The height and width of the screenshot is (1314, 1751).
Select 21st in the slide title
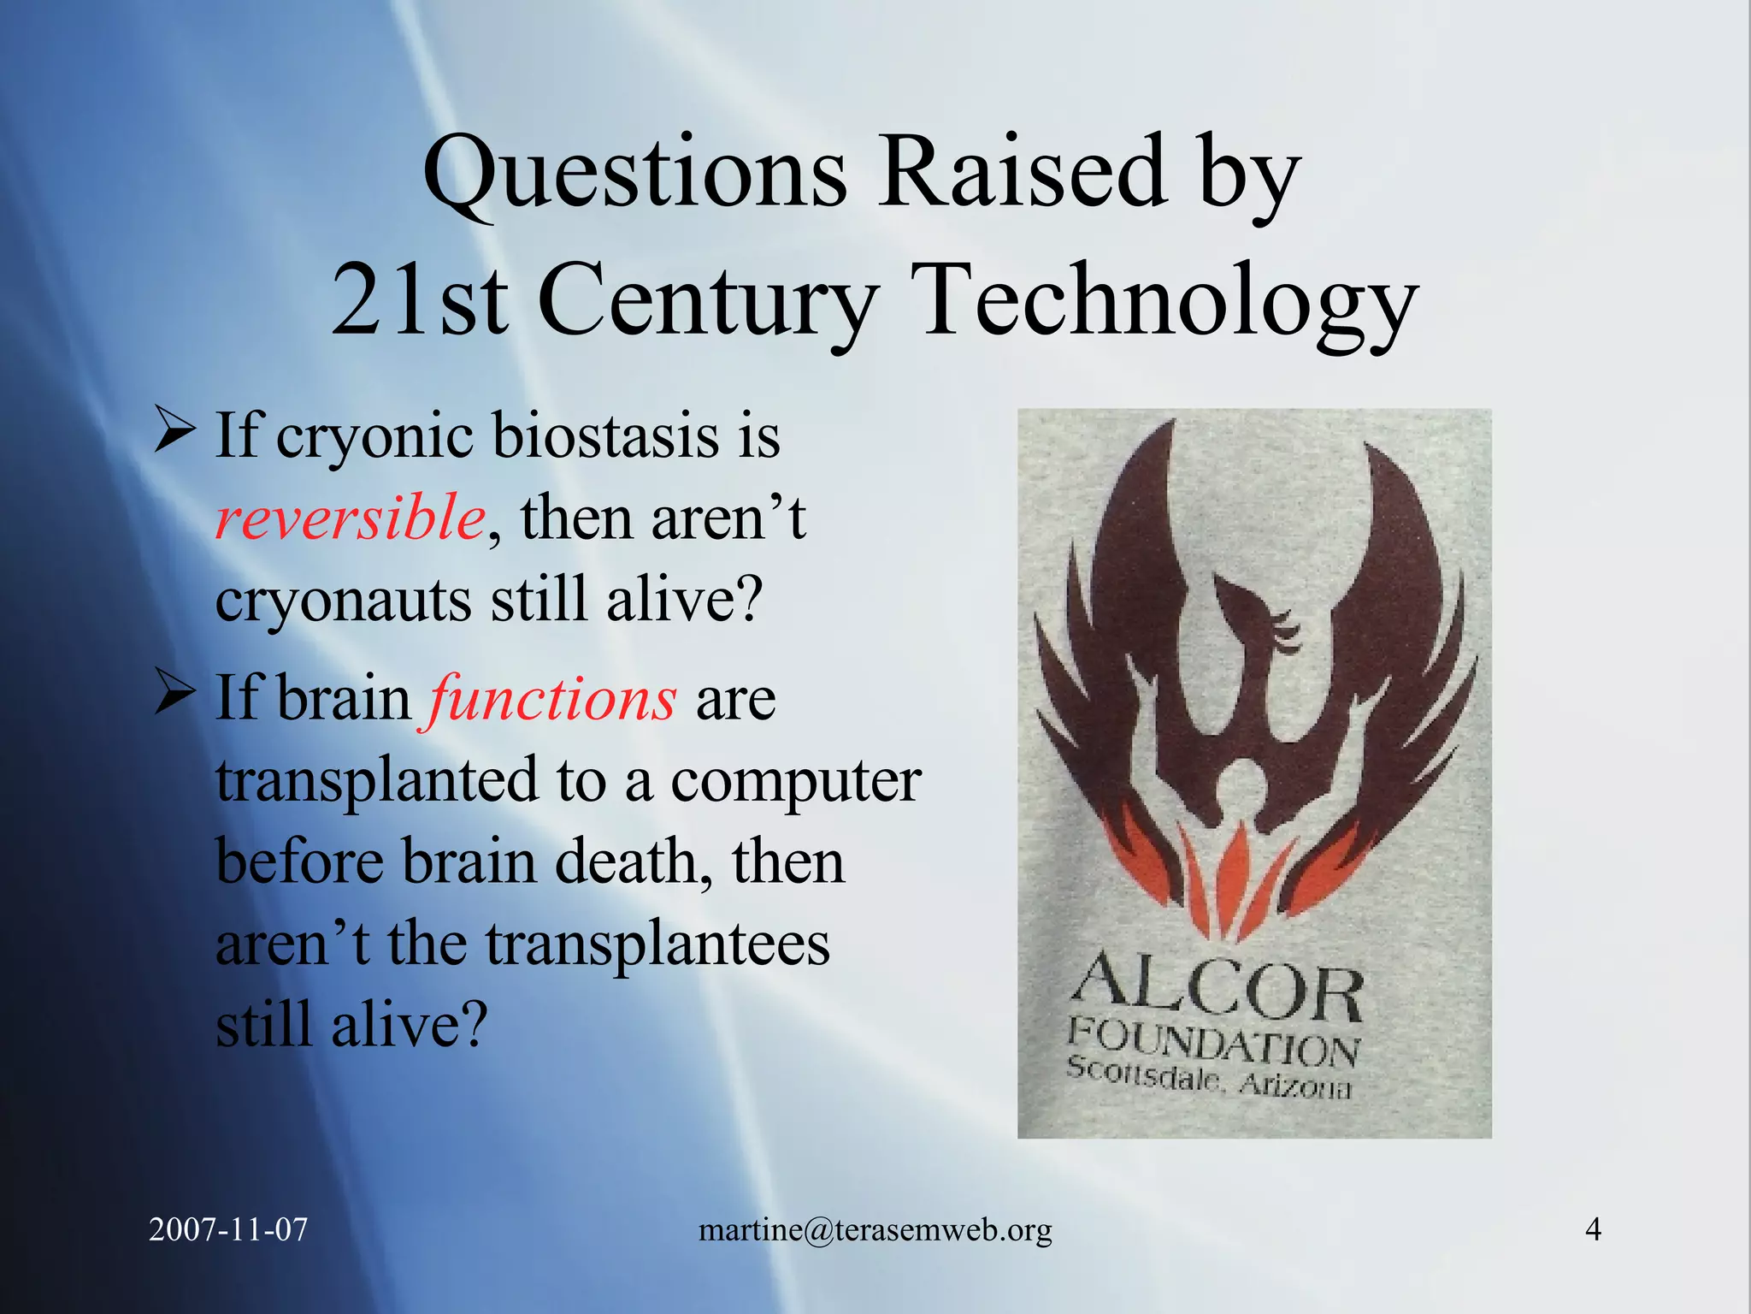click(x=419, y=301)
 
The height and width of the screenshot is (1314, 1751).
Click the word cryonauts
click(x=343, y=599)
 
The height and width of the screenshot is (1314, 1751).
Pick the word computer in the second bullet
click(x=796, y=780)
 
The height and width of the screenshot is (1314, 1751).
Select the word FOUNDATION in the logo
click(x=1212, y=1041)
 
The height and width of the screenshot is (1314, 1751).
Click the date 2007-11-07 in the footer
click(x=228, y=1229)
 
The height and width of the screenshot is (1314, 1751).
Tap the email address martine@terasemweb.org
click(x=875, y=1230)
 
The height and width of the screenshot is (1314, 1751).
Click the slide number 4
click(x=1593, y=1229)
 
